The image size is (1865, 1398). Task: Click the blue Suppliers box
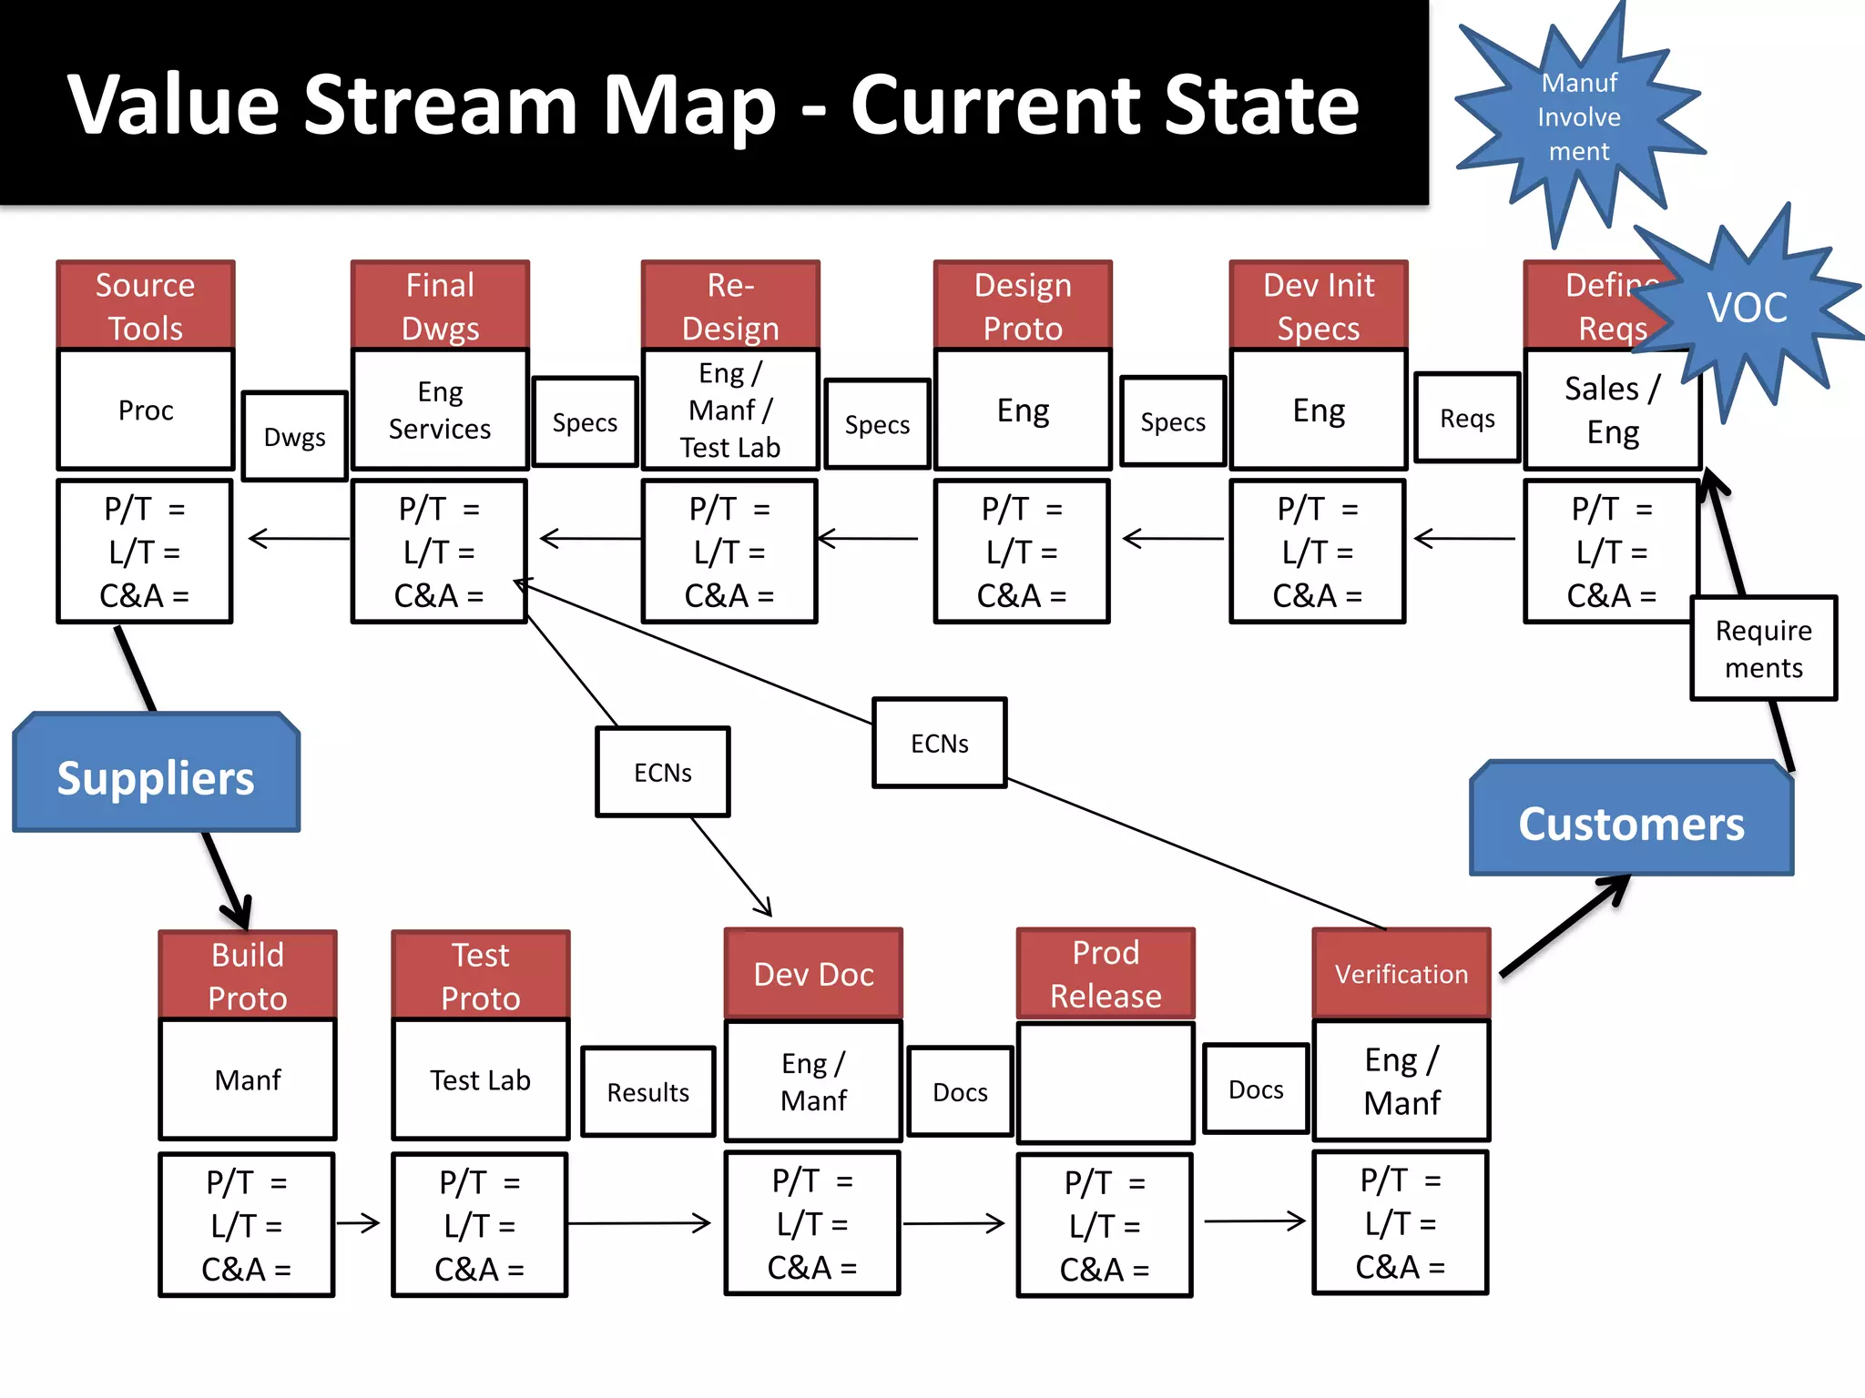pyautogui.click(x=156, y=775)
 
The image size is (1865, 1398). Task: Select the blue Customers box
pyautogui.click(x=1631, y=820)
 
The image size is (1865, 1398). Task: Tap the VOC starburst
pyautogui.click(x=1747, y=308)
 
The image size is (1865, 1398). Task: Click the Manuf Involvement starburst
pyautogui.click(x=1578, y=117)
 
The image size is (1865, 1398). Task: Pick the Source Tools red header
pyautogui.click(x=146, y=305)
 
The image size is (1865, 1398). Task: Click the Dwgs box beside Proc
pyautogui.click(x=294, y=437)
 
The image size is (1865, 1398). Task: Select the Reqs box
pyautogui.click(x=1467, y=419)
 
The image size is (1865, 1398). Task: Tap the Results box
pyautogui.click(x=647, y=1092)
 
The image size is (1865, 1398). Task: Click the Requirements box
pyautogui.click(x=1763, y=648)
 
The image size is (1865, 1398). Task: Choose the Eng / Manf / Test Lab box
pyautogui.click(x=729, y=410)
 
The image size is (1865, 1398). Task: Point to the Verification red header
pyautogui.click(x=1401, y=973)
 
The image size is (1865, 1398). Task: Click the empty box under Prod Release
pyautogui.click(x=1105, y=1081)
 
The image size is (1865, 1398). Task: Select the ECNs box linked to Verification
pyautogui.click(x=939, y=743)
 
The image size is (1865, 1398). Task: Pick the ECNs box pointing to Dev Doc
pyautogui.click(x=662, y=772)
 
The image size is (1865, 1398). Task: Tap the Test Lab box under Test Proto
pyautogui.click(x=480, y=1079)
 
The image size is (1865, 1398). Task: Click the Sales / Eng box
pyautogui.click(x=1612, y=410)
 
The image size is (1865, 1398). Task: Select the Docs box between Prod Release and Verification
pyautogui.click(x=1255, y=1089)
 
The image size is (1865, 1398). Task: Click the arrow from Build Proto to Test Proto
pyautogui.click(x=358, y=1222)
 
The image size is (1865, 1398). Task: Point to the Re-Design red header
pyautogui.click(x=729, y=305)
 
